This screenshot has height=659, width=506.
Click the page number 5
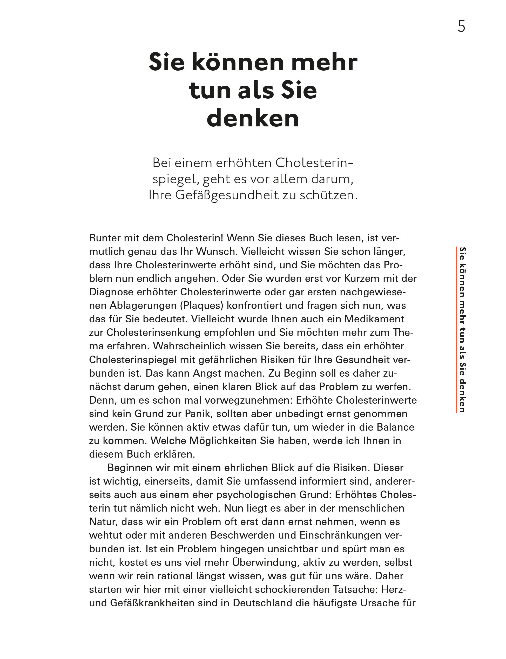[x=461, y=26]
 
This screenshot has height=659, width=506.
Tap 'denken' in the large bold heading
[x=253, y=118]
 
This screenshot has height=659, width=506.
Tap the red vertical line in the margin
[x=457, y=329]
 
